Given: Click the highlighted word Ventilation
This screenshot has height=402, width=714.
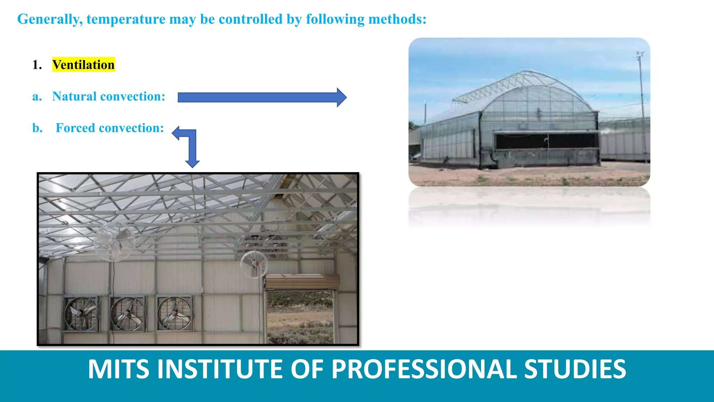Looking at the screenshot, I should click(x=83, y=65).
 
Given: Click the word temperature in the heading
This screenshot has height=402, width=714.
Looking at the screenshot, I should click(x=126, y=19).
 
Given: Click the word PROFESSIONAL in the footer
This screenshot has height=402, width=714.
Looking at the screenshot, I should click(x=424, y=369).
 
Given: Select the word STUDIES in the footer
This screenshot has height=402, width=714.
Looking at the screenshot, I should click(x=575, y=369).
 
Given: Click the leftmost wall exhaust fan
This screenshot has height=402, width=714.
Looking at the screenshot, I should click(x=81, y=313).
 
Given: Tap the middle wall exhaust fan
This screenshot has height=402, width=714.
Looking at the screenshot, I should click(x=127, y=313).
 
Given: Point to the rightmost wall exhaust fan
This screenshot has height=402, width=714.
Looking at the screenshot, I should click(x=174, y=313).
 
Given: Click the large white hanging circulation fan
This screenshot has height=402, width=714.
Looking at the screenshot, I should click(x=114, y=241).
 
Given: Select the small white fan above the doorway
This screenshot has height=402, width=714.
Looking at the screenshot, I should click(x=254, y=264).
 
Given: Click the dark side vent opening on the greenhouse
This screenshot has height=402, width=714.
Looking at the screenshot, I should click(x=547, y=140).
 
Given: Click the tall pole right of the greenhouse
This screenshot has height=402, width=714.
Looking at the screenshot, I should click(x=642, y=105).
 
